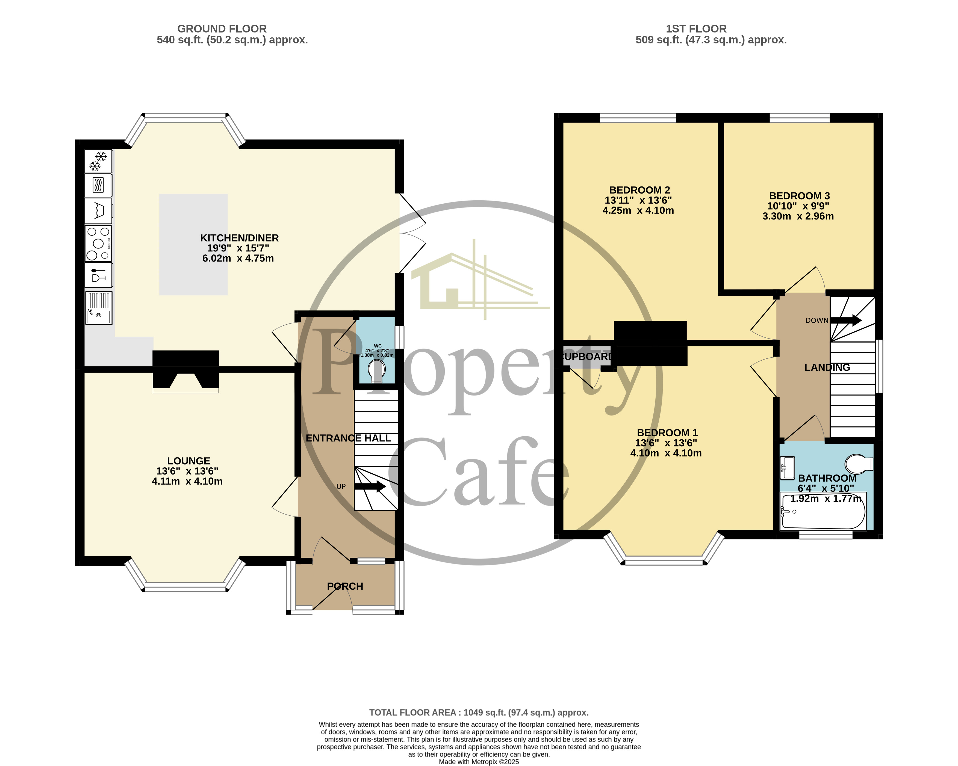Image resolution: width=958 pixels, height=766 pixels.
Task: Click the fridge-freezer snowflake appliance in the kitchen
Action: point(99,161)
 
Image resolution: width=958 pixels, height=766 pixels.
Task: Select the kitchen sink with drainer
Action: point(99,308)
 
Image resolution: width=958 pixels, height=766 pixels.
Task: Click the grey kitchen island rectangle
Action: point(193,245)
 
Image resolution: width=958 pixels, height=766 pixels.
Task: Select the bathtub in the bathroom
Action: point(823,511)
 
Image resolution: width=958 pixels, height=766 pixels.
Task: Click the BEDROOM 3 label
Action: point(799,196)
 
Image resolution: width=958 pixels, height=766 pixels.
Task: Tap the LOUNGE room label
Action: point(188,461)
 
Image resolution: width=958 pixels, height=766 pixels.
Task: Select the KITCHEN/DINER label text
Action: point(240,238)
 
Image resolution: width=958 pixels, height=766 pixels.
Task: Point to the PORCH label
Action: point(345,586)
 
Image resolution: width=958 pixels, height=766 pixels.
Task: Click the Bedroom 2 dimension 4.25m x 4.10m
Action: point(638,210)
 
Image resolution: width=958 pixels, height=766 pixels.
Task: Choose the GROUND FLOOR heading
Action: point(222,29)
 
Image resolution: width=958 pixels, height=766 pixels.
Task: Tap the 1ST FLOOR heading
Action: point(696,29)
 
